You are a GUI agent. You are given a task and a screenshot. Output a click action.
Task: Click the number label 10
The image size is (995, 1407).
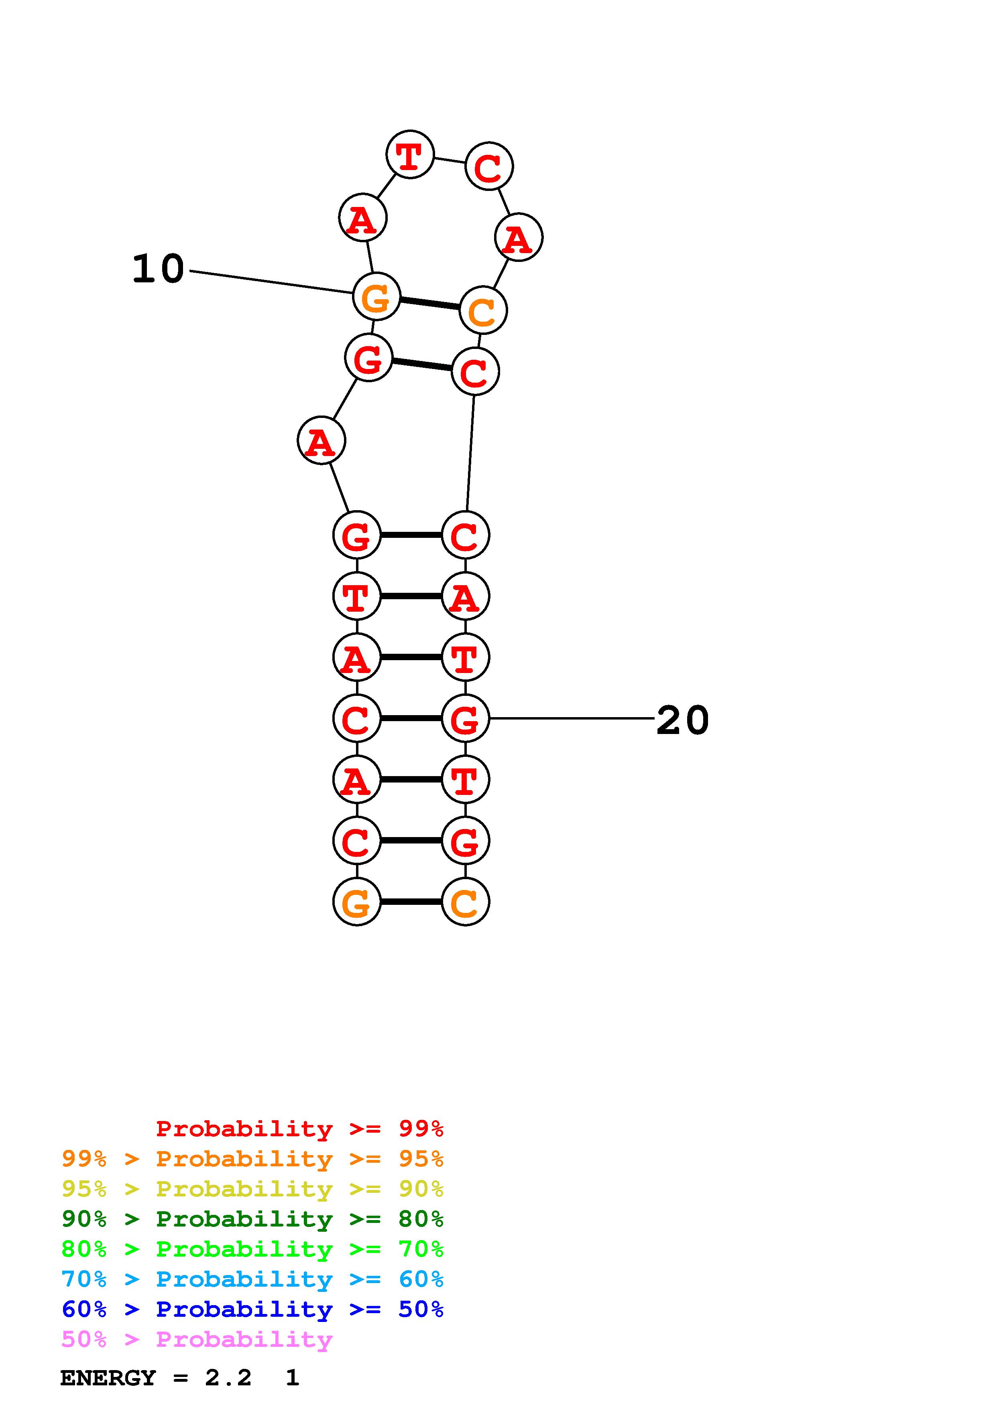158,269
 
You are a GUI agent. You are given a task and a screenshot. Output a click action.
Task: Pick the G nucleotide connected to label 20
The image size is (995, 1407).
465,718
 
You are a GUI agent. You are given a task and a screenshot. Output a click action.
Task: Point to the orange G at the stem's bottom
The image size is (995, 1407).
357,902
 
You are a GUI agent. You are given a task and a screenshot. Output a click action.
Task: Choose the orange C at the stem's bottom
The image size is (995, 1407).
465,902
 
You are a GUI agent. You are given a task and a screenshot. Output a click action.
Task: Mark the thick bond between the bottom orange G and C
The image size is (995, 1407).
411,902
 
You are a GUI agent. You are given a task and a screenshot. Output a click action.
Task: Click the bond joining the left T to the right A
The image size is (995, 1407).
411,596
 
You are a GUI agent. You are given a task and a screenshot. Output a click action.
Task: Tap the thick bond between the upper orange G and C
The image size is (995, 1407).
429,303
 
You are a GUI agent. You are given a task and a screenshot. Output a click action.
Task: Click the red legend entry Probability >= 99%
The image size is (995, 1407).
299,1129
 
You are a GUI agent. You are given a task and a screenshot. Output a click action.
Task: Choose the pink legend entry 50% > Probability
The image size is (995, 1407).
197,1340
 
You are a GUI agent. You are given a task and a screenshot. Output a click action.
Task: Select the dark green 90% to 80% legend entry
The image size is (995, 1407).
252,1219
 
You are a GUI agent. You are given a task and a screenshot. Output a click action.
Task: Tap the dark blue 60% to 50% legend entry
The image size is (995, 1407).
252,1309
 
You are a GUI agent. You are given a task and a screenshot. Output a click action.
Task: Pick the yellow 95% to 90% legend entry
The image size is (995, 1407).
252,1189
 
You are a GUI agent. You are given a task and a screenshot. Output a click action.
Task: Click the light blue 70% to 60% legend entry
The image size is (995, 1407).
252,1279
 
